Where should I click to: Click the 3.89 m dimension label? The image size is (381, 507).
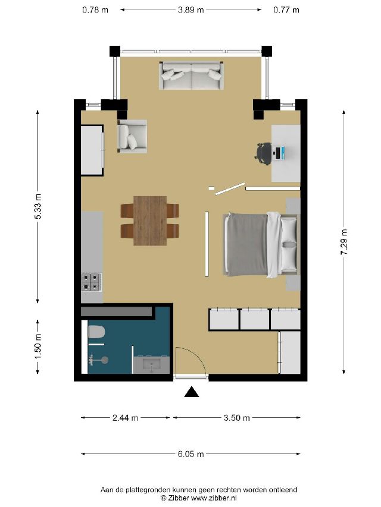click(x=190, y=10)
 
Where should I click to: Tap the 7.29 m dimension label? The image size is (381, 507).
click(x=343, y=242)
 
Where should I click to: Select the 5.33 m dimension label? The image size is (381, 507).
click(x=38, y=206)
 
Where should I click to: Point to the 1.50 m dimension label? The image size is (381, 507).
click(x=38, y=346)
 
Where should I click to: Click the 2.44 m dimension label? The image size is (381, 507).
click(x=126, y=418)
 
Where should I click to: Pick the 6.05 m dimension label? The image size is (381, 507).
click(x=191, y=454)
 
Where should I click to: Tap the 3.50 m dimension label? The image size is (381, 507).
click(x=236, y=418)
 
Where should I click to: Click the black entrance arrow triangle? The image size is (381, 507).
click(x=192, y=392)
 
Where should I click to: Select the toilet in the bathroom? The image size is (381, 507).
click(x=96, y=332)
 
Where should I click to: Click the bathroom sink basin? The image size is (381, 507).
click(x=152, y=365)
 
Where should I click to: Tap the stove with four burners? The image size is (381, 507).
click(x=91, y=282)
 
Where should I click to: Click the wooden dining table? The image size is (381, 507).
click(x=150, y=221)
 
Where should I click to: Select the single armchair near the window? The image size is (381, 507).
click(x=132, y=136)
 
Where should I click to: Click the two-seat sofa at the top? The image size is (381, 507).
click(x=191, y=75)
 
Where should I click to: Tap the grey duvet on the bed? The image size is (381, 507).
click(x=247, y=244)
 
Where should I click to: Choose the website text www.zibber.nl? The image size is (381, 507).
click(x=214, y=498)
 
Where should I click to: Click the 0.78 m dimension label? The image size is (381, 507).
click(x=95, y=10)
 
